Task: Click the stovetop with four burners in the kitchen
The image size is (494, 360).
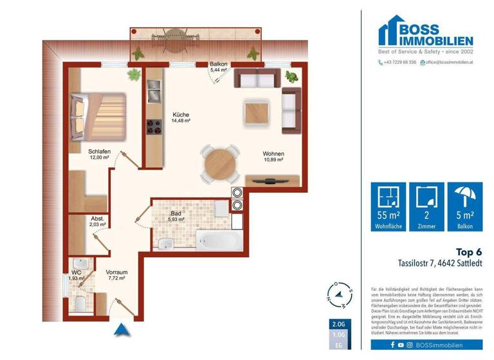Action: pyautogui.click(x=154, y=126)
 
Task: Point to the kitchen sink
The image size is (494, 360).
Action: pyautogui.click(x=154, y=96)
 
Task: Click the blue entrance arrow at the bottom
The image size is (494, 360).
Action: pyautogui.click(x=120, y=330)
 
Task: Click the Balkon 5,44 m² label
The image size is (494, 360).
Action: pyautogui.click(x=218, y=68)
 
